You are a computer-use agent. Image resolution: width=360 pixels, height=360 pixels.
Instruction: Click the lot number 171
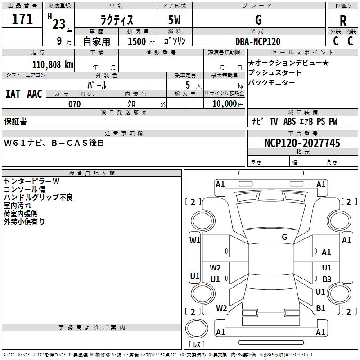point(22,19)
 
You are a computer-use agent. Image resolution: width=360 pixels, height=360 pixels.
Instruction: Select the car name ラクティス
point(116,20)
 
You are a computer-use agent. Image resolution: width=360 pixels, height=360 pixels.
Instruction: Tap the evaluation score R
point(343,20)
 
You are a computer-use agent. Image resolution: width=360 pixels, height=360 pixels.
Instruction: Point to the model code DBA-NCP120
point(258,41)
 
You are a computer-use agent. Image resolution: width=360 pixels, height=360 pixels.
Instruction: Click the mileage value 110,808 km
point(52,64)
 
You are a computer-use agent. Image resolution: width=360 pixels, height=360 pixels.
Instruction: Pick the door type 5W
point(175,20)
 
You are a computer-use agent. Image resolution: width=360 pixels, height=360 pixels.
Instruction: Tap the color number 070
point(74,104)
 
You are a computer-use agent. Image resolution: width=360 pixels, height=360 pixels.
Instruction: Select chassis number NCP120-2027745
point(302,143)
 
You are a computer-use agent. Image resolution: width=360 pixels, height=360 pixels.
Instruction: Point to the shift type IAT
point(13,94)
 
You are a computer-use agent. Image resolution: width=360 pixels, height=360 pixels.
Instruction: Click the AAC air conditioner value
point(35,94)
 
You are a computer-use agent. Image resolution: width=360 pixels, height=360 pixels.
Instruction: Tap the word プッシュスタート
point(275,73)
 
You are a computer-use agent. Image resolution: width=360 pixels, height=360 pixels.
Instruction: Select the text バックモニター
point(272,82)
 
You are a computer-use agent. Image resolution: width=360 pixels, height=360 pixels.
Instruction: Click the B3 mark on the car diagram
point(327,279)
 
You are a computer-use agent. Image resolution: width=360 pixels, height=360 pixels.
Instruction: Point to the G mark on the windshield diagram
point(284,237)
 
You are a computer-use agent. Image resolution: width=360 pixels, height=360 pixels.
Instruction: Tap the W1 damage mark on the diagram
point(195,240)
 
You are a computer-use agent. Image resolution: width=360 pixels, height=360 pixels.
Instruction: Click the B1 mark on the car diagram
point(320,308)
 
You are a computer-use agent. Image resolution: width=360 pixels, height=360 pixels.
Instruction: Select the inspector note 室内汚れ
point(18,206)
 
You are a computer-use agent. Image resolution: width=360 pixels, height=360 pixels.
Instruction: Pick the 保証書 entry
point(15,121)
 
